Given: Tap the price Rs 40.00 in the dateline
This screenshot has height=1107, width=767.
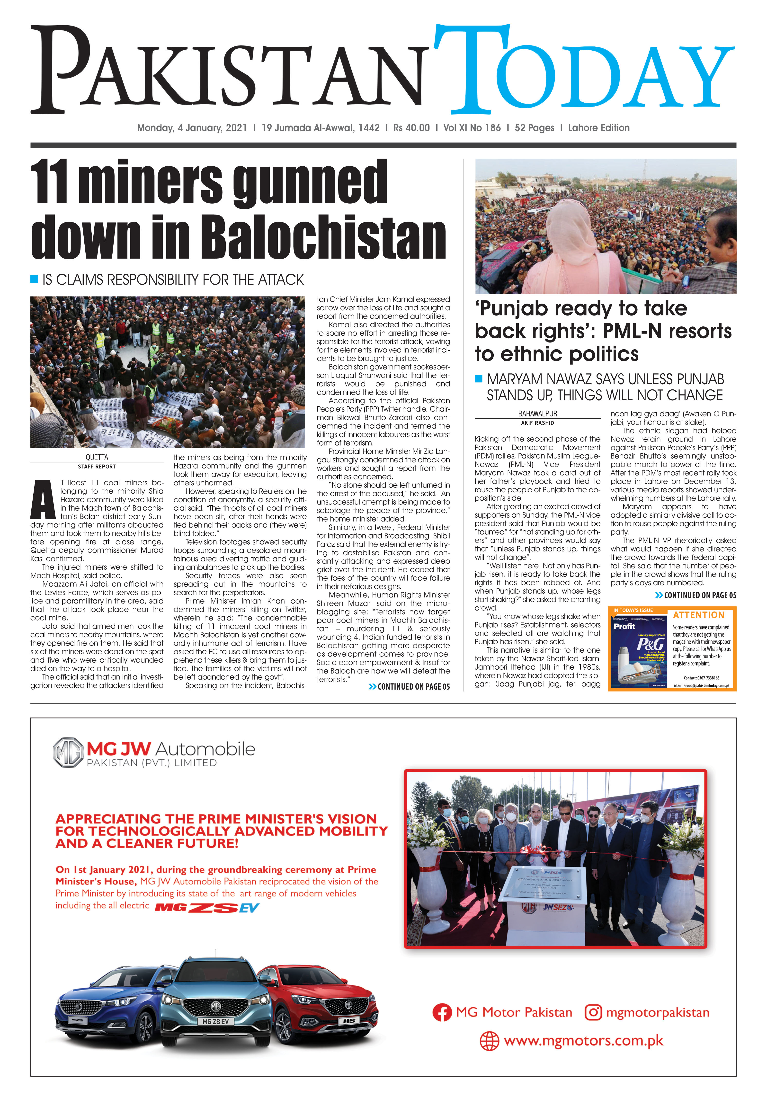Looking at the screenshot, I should (x=411, y=128).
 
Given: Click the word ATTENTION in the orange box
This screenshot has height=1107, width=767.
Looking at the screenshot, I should (x=698, y=615).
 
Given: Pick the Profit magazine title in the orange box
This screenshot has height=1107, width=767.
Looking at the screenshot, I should (x=624, y=626).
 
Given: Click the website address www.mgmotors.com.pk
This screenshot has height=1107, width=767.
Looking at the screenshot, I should (x=583, y=1041).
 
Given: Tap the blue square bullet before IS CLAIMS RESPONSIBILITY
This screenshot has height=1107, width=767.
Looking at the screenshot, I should (x=34, y=279).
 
